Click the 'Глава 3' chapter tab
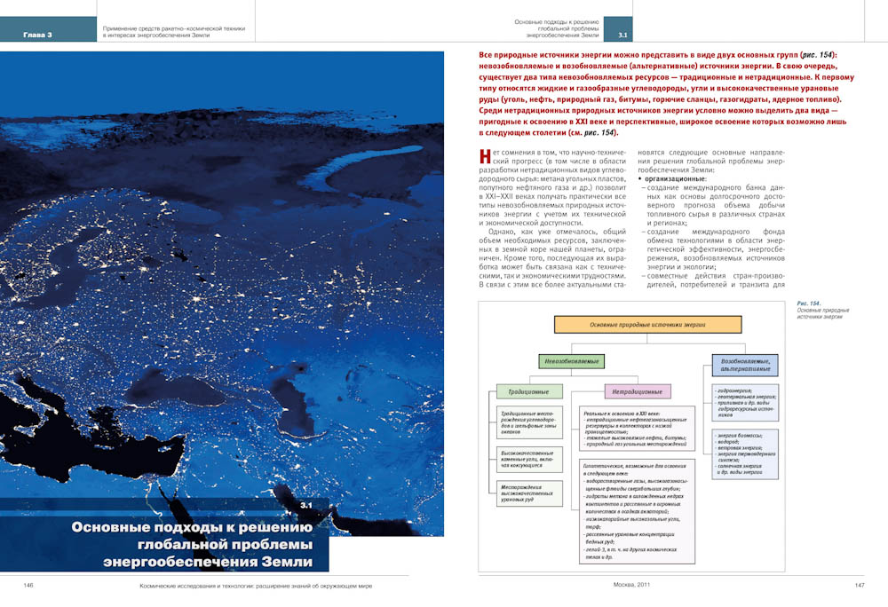pyautogui.click(x=38, y=35)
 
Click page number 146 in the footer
pyautogui.click(x=28, y=586)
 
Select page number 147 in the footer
pyautogui.click(x=860, y=586)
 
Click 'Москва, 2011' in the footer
pyautogui.click(x=632, y=586)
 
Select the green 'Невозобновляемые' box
pyautogui.click(x=571, y=361)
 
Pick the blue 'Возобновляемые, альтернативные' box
pyautogui.click(x=744, y=365)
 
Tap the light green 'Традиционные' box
pyautogui.click(x=528, y=391)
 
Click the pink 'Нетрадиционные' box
pyautogui.click(x=637, y=391)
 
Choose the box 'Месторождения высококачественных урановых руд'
pyautogui.click(x=531, y=493)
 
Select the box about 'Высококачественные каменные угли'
pyautogui.click(x=531, y=459)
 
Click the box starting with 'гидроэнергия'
pyautogui.click(x=745, y=402)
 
